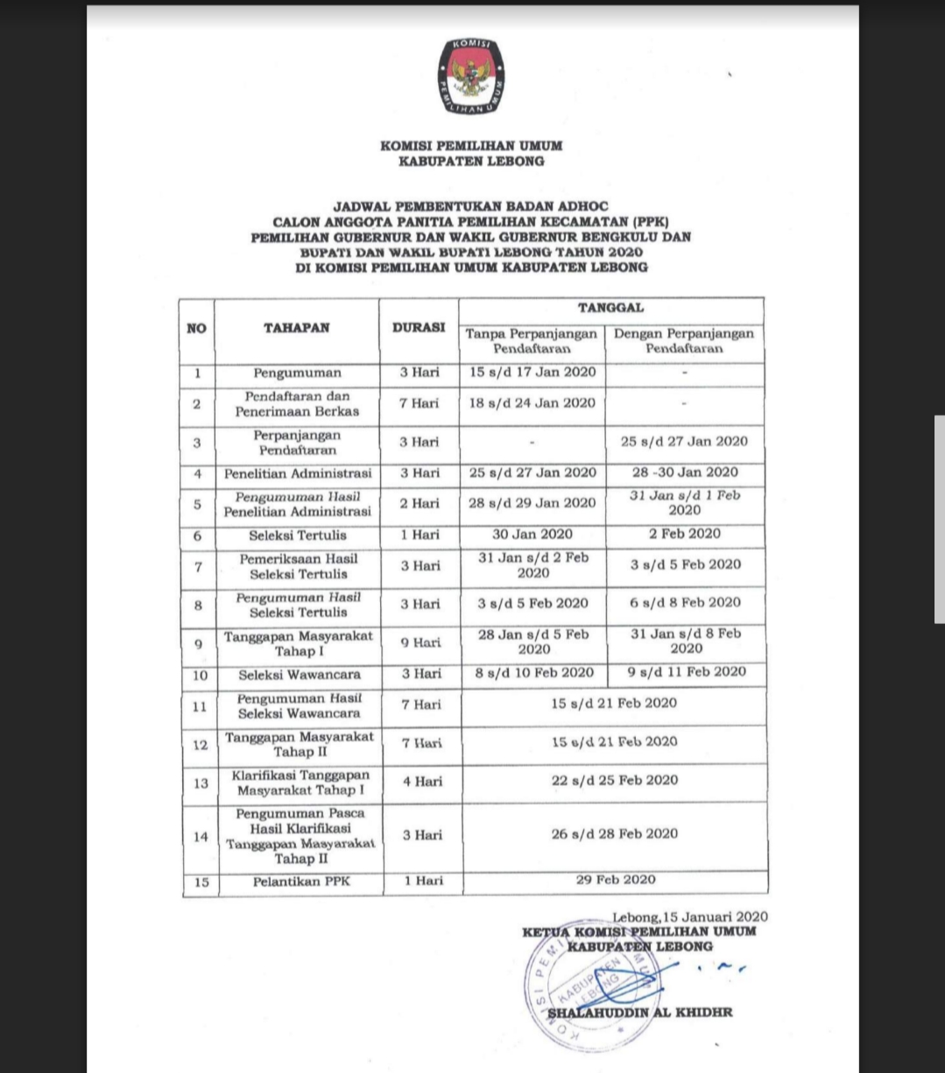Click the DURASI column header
[x=419, y=328]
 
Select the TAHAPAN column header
[x=296, y=328]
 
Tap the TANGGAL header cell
[x=610, y=308]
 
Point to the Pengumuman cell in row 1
[x=297, y=373]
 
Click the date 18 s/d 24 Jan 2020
[x=532, y=403]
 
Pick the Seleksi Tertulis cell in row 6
[x=297, y=536]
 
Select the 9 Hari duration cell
[x=420, y=642]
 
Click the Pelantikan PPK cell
[x=300, y=881]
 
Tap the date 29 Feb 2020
[x=615, y=880]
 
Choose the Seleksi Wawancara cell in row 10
[x=299, y=675]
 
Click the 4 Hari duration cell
[x=422, y=782]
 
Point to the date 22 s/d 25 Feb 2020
[x=614, y=780]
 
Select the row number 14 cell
[x=201, y=837]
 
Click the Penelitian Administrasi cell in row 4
[x=297, y=473]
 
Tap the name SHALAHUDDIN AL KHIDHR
[x=639, y=1013]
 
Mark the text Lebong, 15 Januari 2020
[x=690, y=917]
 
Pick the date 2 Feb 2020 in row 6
[x=685, y=534]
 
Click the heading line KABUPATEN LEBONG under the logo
[x=471, y=161]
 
